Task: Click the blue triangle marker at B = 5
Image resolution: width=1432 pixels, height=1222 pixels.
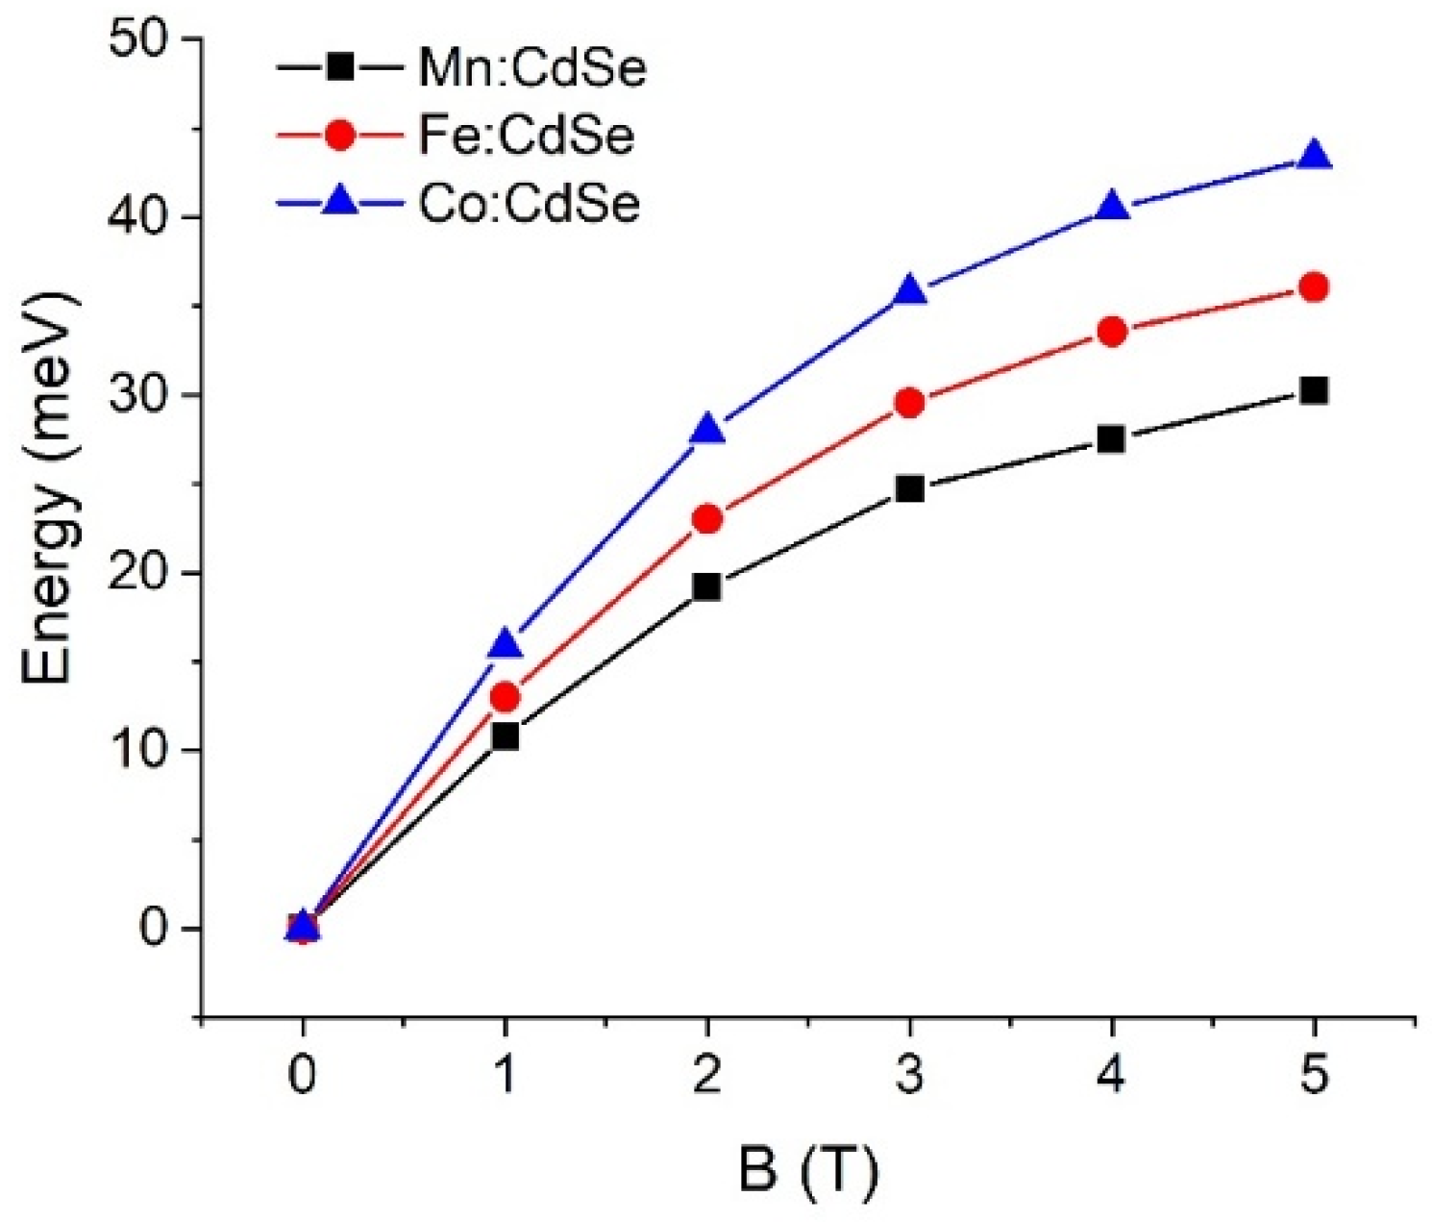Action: pos(1314,157)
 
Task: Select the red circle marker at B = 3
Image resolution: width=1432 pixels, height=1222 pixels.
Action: pos(909,402)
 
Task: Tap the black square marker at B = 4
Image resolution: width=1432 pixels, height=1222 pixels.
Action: pos(1111,439)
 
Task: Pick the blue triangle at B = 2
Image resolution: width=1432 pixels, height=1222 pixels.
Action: pos(707,430)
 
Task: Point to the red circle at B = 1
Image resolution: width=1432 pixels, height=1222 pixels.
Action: pos(505,697)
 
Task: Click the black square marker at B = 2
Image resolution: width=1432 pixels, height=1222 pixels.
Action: pos(707,586)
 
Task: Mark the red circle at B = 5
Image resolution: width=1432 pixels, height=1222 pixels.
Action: pos(1314,287)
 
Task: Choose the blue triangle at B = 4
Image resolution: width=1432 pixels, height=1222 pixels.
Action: pos(1111,208)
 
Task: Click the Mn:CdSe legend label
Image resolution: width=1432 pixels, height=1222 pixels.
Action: pos(531,68)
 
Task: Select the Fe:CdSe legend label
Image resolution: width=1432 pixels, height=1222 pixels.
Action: pos(526,136)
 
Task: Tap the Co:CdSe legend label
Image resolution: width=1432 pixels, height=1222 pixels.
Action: pos(529,204)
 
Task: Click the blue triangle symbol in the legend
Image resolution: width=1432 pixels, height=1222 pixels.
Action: pos(339,203)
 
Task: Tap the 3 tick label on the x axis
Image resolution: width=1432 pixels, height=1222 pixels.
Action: pos(909,1076)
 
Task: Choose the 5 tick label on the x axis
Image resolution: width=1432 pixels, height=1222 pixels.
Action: pos(1314,1076)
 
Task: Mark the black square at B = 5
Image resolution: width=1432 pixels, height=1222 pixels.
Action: pos(1314,390)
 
